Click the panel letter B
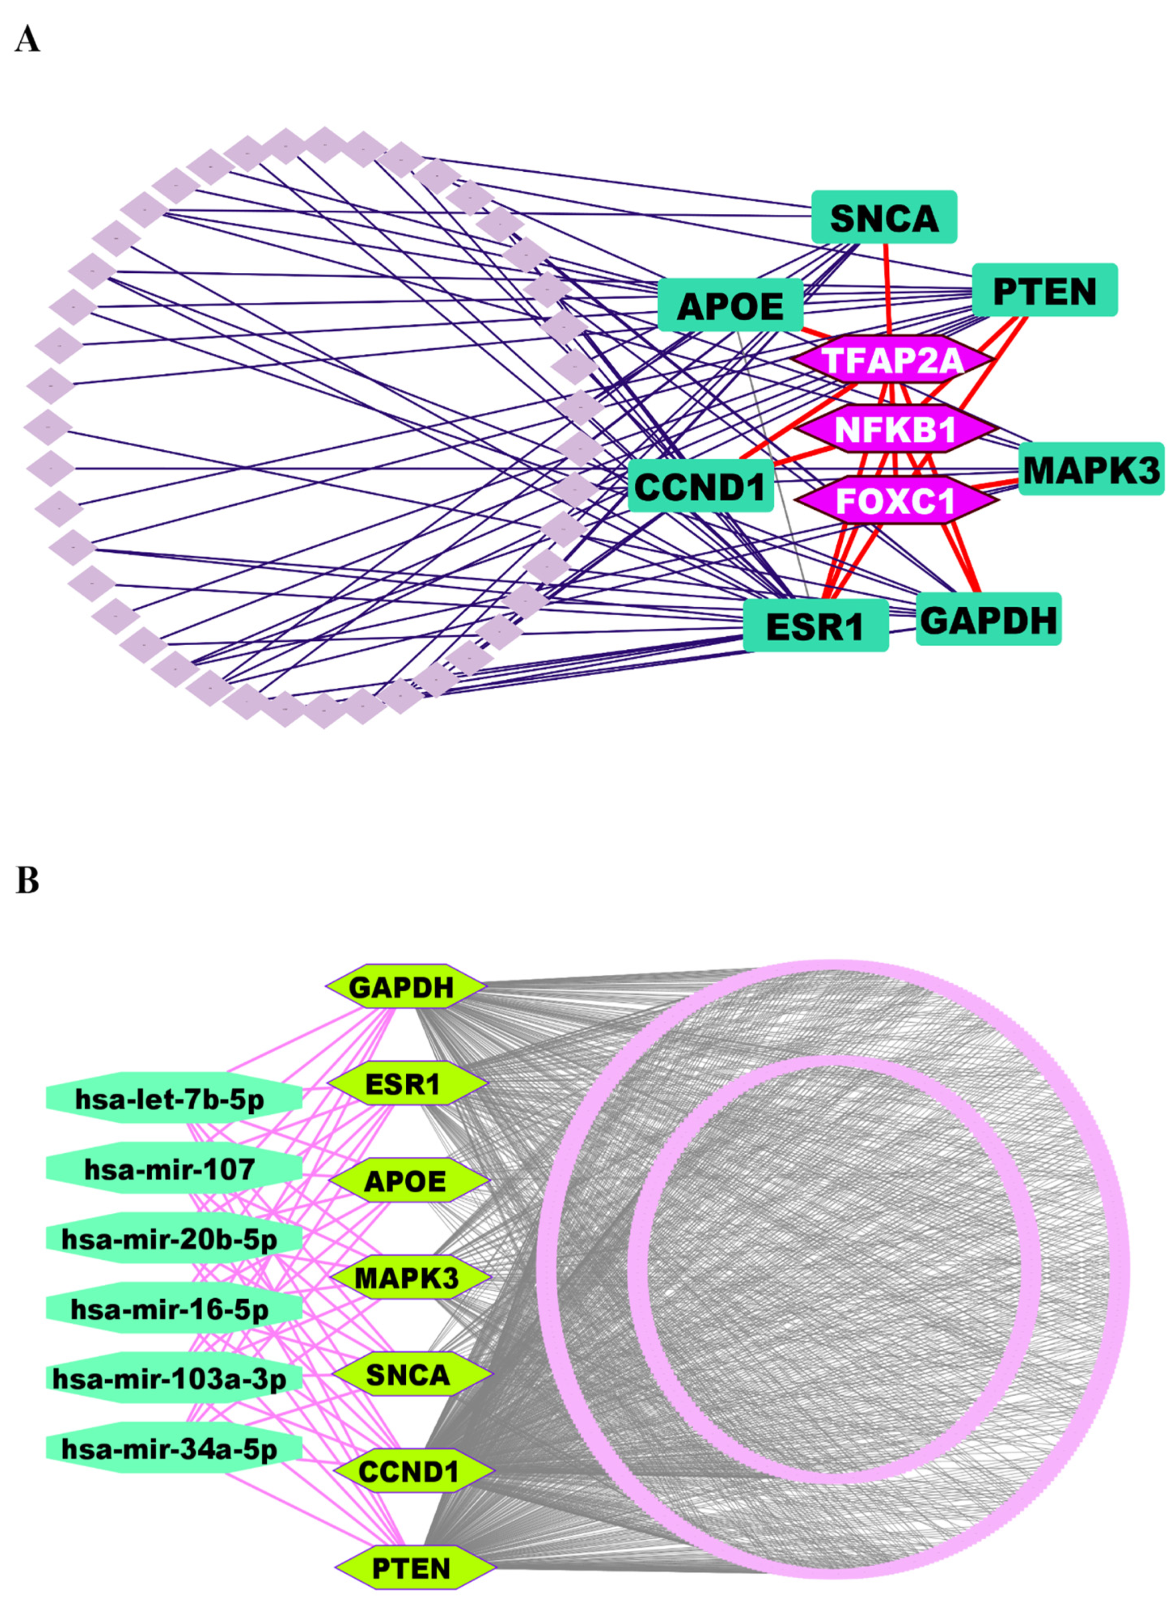pos(27,880)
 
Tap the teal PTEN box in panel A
pos(1045,290)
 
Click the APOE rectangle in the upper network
pos(731,306)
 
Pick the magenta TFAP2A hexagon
pos(893,359)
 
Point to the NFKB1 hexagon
pos(895,429)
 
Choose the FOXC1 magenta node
pos(895,500)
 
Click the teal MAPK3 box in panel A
pos(1091,469)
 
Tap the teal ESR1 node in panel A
pos(815,626)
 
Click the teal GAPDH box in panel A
pos(988,619)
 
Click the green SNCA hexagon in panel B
pos(410,1375)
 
